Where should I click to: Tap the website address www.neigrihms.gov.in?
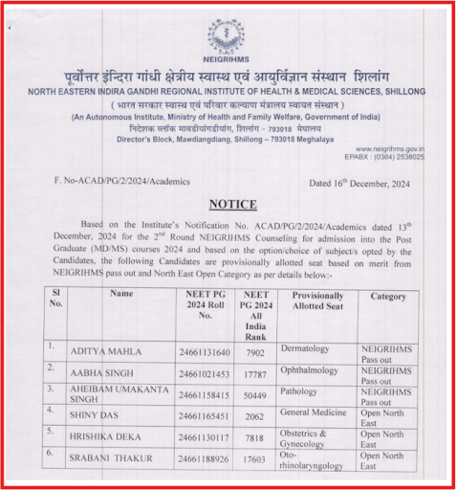coord(390,148)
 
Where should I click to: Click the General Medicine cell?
coord(316,411)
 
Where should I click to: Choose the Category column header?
coord(388,296)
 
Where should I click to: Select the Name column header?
coord(121,294)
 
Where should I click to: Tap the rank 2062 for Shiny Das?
coord(255,414)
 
